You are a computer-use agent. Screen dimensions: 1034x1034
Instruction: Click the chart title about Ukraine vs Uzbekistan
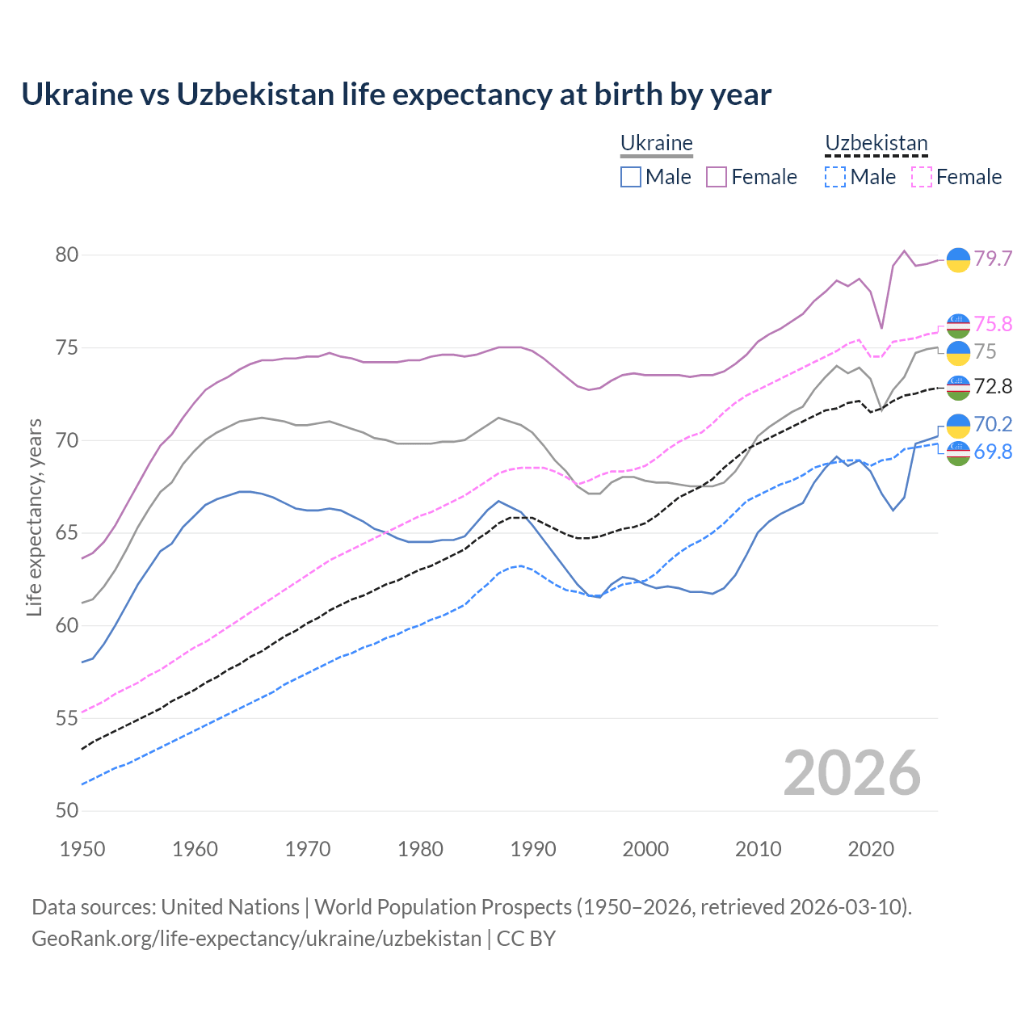pyautogui.click(x=396, y=95)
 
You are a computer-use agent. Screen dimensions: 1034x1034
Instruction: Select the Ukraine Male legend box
pyautogui.click(x=631, y=177)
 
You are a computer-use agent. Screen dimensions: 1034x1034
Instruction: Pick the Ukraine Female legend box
pyautogui.click(x=717, y=177)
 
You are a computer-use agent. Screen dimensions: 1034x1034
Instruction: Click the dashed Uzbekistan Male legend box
pyautogui.click(x=835, y=177)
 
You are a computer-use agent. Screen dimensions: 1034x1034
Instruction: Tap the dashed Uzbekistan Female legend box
pyautogui.click(x=922, y=177)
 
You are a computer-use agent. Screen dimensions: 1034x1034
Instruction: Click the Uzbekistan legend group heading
pyautogui.click(x=876, y=144)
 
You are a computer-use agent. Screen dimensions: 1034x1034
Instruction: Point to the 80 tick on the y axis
pyautogui.click(x=67, y=255)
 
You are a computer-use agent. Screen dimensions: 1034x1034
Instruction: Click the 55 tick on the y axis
pyautogui.click(x=67, y=718)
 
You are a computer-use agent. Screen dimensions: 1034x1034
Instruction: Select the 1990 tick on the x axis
pyautogui.click(x=533, y=849)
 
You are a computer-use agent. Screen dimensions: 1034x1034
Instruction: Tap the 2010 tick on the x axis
pyautogui.click(x=759, y=849)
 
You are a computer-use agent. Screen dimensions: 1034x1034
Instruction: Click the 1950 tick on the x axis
pyautogui.click(x=83, y=849)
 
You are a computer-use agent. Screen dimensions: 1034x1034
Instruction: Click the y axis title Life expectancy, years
pyautogui.click(x=34, y=517)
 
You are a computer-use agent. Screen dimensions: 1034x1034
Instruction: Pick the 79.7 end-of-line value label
pyautogui.click(x=993, y=258)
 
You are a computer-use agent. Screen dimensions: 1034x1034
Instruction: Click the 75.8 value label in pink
pyautogui.click(x=993, y=324)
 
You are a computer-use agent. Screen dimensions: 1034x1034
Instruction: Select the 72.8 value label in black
pyautogui.click(x=993, y=387)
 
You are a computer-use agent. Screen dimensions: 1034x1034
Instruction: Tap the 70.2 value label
pyautogui.click(x=993, y=424)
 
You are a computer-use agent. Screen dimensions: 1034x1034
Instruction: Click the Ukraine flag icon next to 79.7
pyautogui.click(x=958, y=259)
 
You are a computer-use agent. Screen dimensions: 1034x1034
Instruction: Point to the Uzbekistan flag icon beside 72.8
pyautogui.click(x=958, y=388)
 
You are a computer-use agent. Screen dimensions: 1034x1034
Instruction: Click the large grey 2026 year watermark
pyautogui.click(x=852, y=773)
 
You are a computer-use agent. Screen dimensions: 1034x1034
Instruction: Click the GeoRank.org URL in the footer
pyautogui.click(x=257, y=939)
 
